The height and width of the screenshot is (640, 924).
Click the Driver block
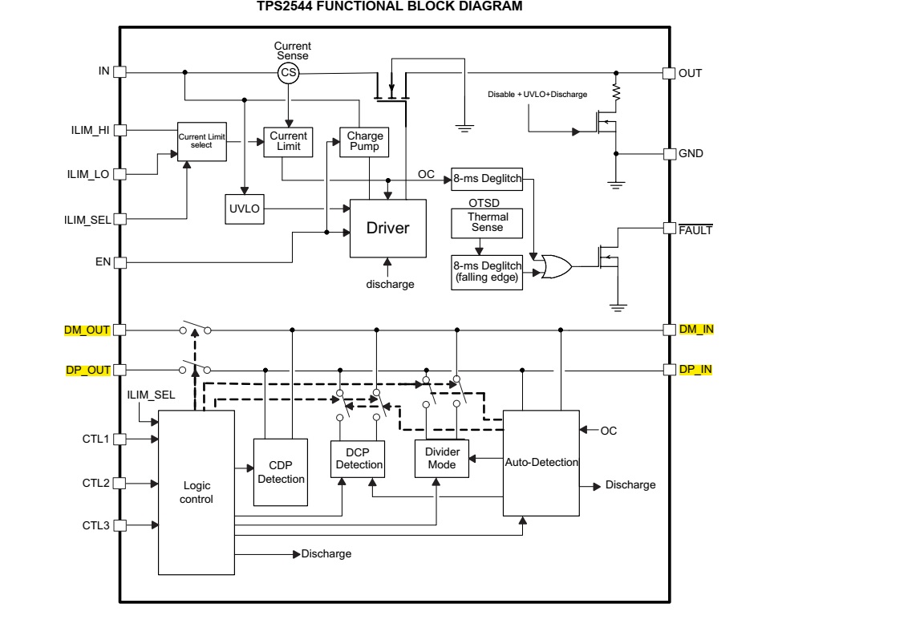click(x=387, y=228)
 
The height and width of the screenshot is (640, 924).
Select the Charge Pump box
click(x=364, y=142)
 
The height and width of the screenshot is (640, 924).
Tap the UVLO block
click(x=245, y=209)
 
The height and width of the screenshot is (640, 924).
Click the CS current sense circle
click(x=288, y=72)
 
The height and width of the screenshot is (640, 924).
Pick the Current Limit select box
click(x=202, y=141)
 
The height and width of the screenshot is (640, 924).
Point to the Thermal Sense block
click(x=487, y=223)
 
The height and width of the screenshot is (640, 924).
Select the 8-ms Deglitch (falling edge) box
click(x=487, y=272)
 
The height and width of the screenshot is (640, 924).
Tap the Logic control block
click(x=197, y=492)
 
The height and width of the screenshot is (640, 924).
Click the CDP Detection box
click(x=281, y=472)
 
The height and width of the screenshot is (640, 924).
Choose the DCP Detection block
click(x=358, y=459)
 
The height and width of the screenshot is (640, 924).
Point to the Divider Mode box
click(x=442, y=459)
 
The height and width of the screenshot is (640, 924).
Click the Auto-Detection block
click(x=541, y=463)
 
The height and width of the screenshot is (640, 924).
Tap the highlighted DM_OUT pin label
click(x=87, y=330)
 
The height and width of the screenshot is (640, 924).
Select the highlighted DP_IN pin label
click(x=695, y=370)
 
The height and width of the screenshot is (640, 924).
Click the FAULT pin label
click(x=695, y=230)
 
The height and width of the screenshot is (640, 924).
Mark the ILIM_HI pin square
click(x=120, y=130)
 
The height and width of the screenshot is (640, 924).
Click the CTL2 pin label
click(x=96, y=484)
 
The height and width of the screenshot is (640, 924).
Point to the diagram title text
click(x=390, y=6)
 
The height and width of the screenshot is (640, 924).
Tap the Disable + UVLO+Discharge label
click(x=537, y=95)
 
